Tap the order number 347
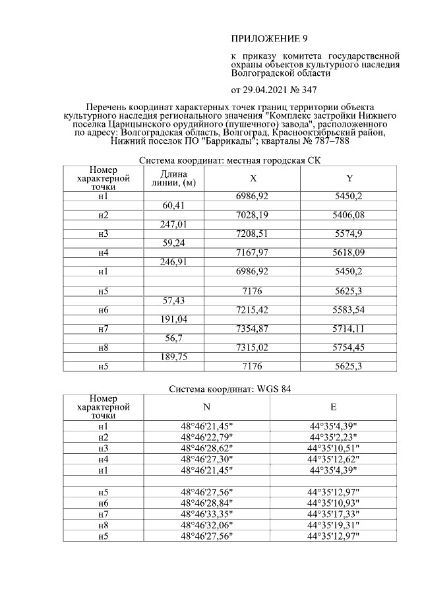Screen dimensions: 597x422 coord(309,90)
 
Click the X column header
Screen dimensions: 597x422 coord(253,178)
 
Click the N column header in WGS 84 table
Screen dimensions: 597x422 coord(206,407)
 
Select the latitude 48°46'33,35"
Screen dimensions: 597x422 coord(206,514)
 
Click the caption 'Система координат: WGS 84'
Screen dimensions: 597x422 coord(229,389)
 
